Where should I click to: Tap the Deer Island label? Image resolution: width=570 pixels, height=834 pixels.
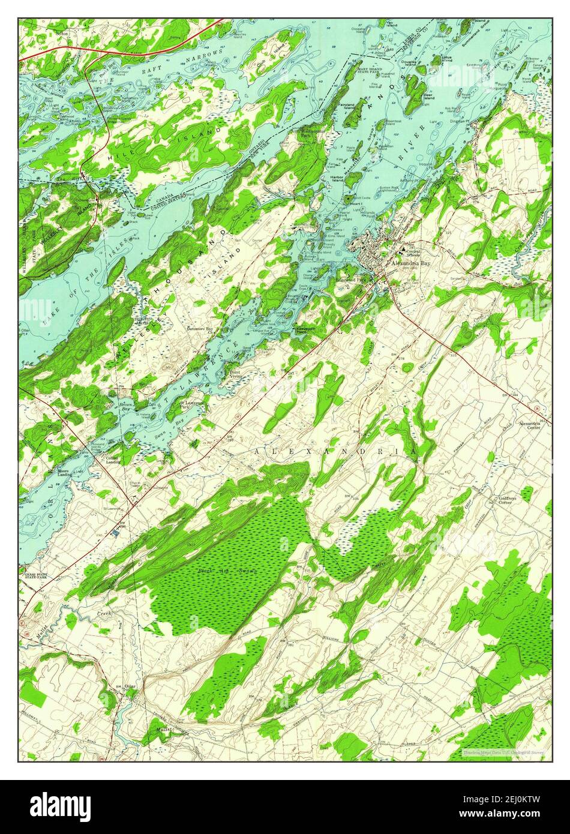pos(428,95)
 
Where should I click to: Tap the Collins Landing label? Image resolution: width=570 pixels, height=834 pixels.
pos(112,460)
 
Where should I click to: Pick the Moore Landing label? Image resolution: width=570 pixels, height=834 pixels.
pos(65,473)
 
